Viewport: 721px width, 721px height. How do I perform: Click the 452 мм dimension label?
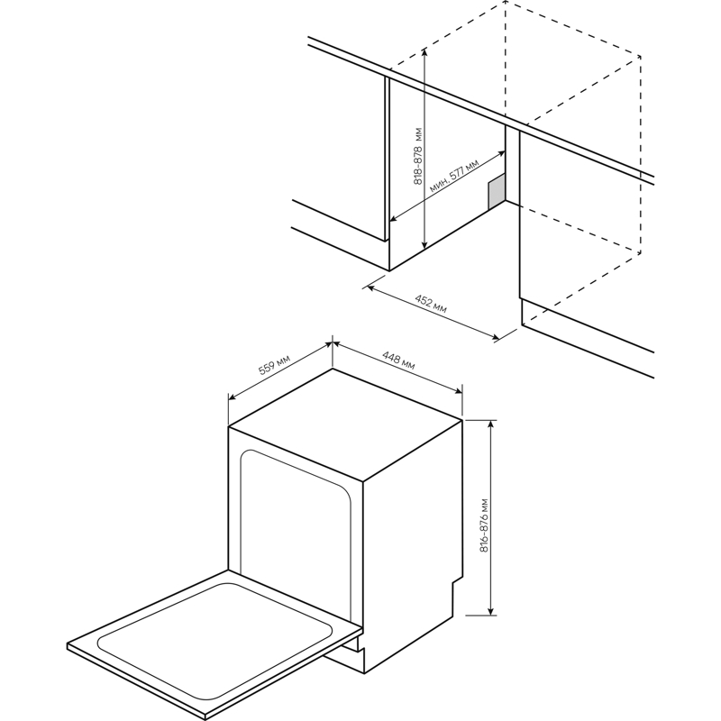431,304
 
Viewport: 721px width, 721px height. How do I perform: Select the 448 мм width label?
398,360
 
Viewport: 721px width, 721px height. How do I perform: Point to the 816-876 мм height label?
484,525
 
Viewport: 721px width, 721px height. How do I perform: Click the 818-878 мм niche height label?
418,156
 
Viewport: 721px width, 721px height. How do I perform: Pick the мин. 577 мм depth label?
454,176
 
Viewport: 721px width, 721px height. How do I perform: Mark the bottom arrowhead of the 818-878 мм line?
424,244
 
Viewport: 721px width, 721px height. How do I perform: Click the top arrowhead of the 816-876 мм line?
491,424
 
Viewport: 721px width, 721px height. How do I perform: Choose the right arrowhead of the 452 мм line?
495,338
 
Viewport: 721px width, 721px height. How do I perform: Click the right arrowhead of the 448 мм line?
459,391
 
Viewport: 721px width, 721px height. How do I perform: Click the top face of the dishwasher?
345,424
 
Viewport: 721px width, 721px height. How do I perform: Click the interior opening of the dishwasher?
296,529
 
